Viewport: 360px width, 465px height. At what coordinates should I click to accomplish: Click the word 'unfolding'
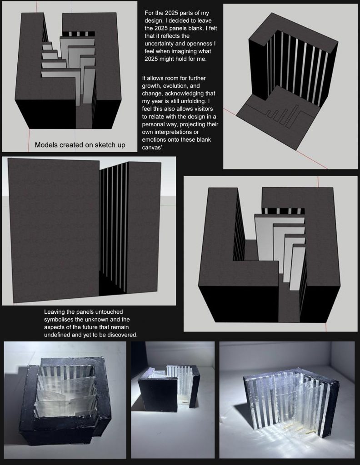pyautogui.click(x=193, y=101)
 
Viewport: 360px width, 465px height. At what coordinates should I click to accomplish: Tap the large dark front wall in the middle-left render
pyautogui.click(x=54, y=230)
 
